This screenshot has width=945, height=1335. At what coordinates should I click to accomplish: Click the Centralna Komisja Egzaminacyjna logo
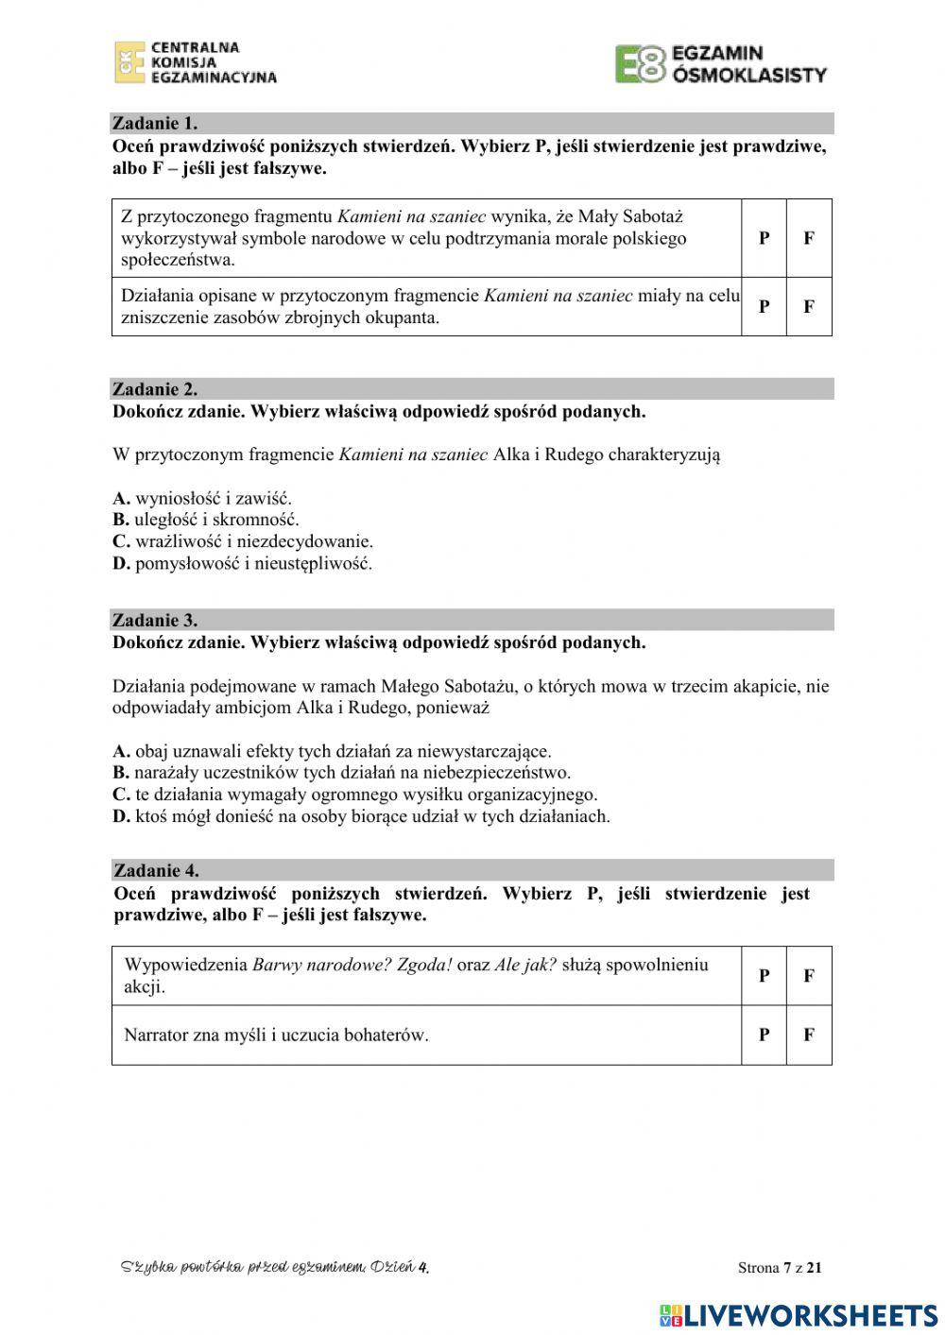click(x=196, y=62)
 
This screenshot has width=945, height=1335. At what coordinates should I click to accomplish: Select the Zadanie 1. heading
click(x=155, y=123)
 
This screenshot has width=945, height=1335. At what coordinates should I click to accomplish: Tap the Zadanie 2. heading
click(x=155, y=389)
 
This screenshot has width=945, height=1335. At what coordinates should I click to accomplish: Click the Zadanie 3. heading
click(x=155, y=621)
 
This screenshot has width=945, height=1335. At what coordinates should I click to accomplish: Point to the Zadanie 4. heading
click(x=156, y=870)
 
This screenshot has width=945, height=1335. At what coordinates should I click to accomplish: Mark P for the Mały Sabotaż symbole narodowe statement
click(x=764, y=238)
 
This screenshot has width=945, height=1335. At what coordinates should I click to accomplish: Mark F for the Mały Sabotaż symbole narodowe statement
click(x=809, y=238)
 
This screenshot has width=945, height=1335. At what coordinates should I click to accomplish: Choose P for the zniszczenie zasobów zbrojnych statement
click(x=764, y=306)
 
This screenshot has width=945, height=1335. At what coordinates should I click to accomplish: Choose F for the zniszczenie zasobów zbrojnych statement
click(x=809, y=306)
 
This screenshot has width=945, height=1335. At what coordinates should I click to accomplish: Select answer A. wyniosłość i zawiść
click(x=202, y=498)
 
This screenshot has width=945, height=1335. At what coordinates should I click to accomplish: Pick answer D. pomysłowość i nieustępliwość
click(x=242, y=564)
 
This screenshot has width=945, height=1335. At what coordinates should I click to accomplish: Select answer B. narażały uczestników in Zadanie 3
click(x=341, y=773)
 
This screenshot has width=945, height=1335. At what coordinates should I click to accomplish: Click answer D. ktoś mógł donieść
click(x=361, y=816)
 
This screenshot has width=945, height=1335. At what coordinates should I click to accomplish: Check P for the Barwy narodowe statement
click(x=764, y=976)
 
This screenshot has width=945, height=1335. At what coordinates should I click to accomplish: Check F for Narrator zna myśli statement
click(x=809, y=1035)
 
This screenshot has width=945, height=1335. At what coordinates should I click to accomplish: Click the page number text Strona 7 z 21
click(x=780, y=1268)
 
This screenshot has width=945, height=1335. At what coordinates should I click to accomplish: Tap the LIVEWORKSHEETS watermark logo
click(x=799, y=1314)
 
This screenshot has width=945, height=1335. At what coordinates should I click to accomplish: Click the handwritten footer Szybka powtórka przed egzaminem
click(x=275, y=1267)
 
